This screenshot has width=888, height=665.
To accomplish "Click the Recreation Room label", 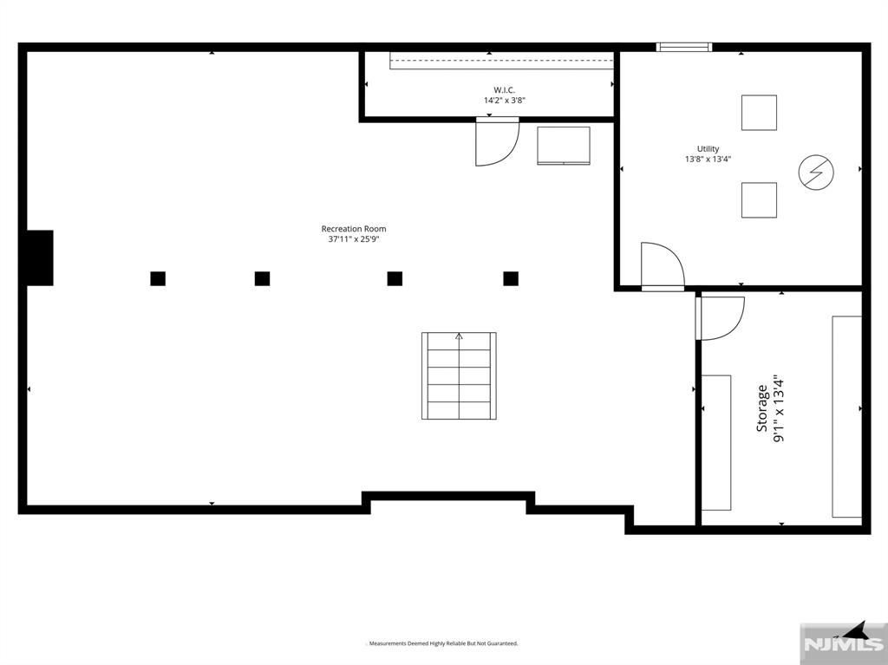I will pos(354,229).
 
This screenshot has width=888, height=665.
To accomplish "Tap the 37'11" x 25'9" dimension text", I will pos(354,240).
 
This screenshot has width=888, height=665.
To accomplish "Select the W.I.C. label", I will pos(504,90).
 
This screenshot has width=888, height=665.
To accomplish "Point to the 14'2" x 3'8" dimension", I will pos(504,101).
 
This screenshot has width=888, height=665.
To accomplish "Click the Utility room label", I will pos(708,149).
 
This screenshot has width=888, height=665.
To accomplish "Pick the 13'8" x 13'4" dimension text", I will pos(708,160).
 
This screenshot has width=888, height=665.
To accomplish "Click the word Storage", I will pos(762,409).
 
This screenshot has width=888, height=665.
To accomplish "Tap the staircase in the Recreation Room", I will pos(459,375).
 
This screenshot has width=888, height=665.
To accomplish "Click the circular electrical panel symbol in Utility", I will pos(816,172).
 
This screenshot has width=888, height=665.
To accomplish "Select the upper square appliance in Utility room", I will pos(759,113).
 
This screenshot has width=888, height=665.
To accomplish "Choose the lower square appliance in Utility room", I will pos(759,200).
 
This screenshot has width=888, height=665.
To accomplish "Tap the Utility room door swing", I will pos(661,264).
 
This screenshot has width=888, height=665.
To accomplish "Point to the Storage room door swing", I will pos(721,317).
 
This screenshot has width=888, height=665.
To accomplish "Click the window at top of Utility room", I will pos(684,47).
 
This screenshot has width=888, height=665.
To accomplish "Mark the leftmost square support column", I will pos(158,278).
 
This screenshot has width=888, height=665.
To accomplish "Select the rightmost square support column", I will pos(511,278).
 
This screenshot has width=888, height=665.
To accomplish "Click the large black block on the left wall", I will pos(40,258).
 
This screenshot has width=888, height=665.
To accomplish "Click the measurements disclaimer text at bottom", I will pos(442,643).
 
